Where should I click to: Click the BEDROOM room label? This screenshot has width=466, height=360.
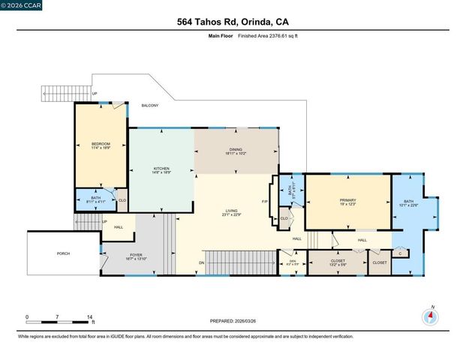[x=101, y=144]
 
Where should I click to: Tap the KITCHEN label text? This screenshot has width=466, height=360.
[x=161, y=169]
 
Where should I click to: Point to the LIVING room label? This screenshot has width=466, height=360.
[x=232, y=211]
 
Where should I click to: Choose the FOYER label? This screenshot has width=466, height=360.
[x=136, y=255]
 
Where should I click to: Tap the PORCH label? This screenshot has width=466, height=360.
[x=63, y=253]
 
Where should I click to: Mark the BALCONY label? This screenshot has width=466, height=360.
[x=150, y=106]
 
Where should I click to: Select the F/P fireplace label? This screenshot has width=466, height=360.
[x=265, y=202]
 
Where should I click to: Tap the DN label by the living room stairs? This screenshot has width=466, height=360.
[x=201, y=262]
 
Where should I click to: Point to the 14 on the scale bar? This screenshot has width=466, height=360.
[x=90, y=317]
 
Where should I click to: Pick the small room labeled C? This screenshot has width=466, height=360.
[x=401, y=253]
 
